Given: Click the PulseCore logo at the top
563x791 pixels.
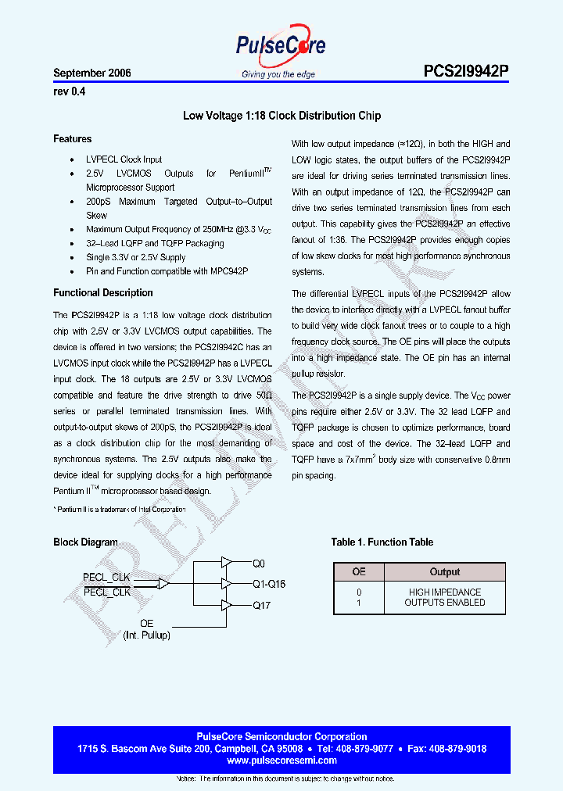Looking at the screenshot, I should (x=281, y=48).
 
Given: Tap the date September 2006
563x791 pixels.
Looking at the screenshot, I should (x=92, y=73).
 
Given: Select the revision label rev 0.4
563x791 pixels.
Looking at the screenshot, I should (x=69, y=91).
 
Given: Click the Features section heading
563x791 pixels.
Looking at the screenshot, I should (x=73, y=138).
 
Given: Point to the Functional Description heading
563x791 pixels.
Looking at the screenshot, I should (x=103, y=292).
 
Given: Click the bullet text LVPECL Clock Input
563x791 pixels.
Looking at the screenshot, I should (x=124, y=159).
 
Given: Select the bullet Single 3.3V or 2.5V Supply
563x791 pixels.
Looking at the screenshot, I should (x=136, y=257).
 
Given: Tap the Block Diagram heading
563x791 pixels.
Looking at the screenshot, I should (x=85, y=542).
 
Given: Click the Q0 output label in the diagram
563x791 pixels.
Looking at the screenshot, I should (x=259, y=563).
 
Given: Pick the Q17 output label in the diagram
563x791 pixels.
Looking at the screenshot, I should (x=261, y=605).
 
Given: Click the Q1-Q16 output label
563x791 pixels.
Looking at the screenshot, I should (x=269, y=584).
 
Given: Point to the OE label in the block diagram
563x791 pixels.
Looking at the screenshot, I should (x=146, y=623).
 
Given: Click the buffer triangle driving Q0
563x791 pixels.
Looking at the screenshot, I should (x=226, y=562).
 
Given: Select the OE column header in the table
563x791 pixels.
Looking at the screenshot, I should (x=359, y=571).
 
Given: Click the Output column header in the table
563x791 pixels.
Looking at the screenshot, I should (x=445, y=571).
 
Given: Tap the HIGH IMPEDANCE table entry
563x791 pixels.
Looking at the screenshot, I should (x=445, y=592).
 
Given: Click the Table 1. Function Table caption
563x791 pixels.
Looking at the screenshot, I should (x=382, y=542).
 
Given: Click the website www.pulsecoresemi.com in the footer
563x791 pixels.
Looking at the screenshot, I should (x=281, y=760).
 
